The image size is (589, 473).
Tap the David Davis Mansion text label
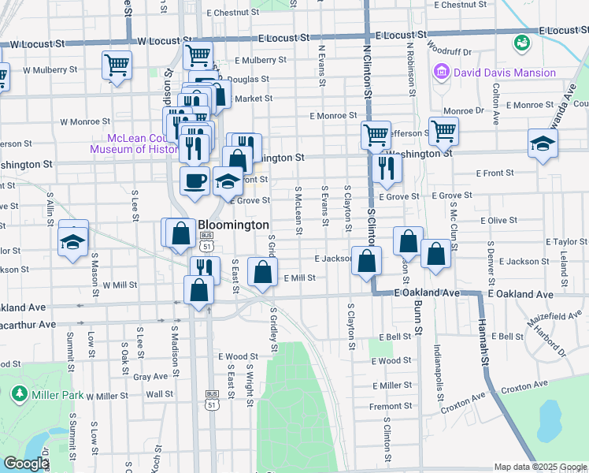(505, 73)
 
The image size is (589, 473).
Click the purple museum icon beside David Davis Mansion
(441, 73)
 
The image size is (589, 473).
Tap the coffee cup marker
(194, 181)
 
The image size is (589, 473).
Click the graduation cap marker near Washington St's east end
(543, 144)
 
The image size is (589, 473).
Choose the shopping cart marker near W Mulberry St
(117, 64)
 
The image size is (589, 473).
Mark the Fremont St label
(391, 406)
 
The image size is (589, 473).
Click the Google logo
(26, 464)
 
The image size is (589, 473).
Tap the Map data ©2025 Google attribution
(539, 467)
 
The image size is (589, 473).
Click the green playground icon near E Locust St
(520, 42)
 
